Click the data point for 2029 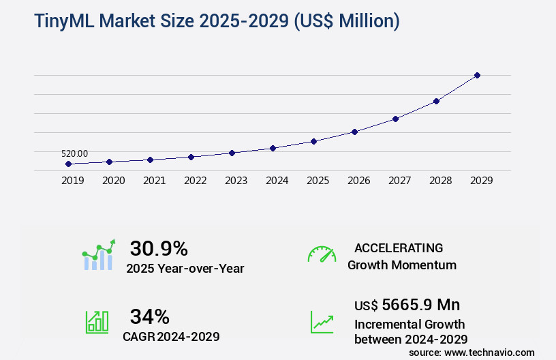tap(477, 75)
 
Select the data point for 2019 tap(68, 164)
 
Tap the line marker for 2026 tap(354, 132)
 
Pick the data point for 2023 tap(232, 153)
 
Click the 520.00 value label tap(74, 153)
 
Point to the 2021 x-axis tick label tap(154, 181)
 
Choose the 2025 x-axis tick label tap(318, 181)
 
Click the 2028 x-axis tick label tap(440, 181)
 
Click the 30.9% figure tap(159, 248)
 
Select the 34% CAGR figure tap(149, 316)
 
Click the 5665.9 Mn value tap(420, 305)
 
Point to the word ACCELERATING tap(399, 248)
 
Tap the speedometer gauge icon tap(322, 254)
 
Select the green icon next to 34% tap(97, 322)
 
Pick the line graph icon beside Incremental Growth tap(322, 322)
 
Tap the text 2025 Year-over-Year tap(185, 269)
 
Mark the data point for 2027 tap(395, 119)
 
